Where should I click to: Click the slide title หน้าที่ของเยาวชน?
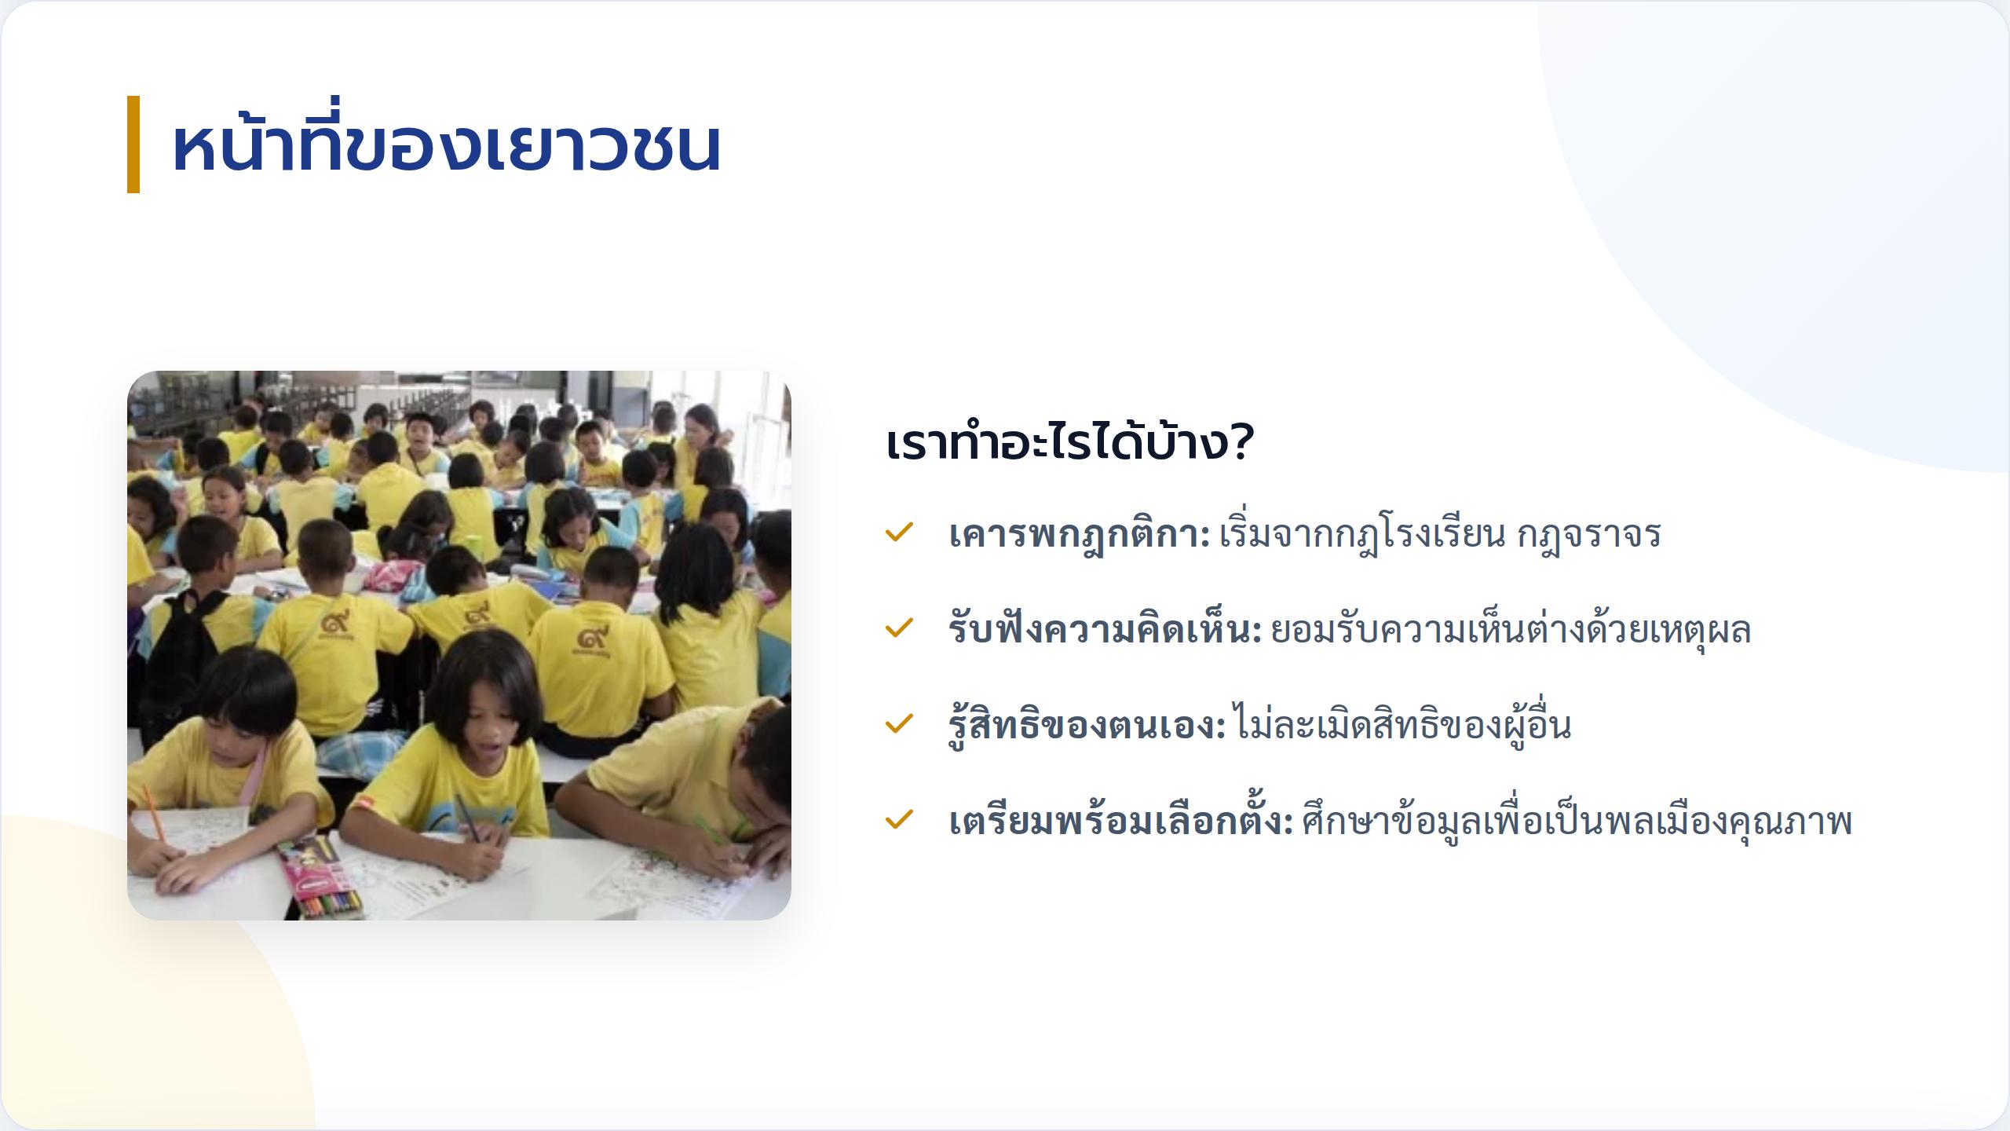click(446, 145)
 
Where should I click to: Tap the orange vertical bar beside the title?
click(133, 145)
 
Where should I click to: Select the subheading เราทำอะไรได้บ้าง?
click(1069, 443)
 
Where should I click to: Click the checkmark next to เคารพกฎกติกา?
click(898, 533)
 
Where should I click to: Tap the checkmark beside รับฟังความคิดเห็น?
click(898, 628)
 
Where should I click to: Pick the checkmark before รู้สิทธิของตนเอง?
click(898, 724)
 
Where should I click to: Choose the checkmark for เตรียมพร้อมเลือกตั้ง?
click(898, 820)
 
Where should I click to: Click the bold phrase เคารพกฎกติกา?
click(1080, 535)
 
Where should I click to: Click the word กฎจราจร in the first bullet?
click(1589, 535)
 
